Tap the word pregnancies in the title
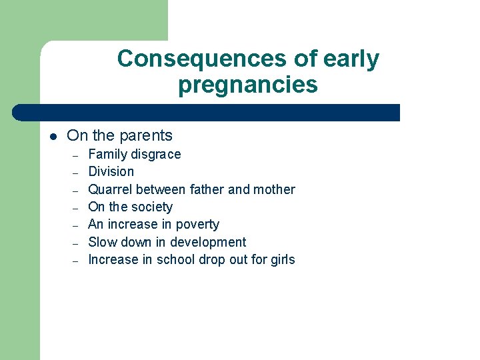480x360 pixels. pos(247,85)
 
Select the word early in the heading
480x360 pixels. pos(351,59)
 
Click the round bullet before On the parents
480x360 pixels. pos(53,137)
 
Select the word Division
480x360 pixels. pos(111,172)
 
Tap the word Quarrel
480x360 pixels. pos(111,189)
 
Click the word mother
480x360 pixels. pos(274,189)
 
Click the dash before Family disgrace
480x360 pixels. pos(76,155)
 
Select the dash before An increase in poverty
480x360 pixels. pos(76,225)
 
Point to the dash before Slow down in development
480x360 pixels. pos(76,243)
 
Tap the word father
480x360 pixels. pos(207,189)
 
